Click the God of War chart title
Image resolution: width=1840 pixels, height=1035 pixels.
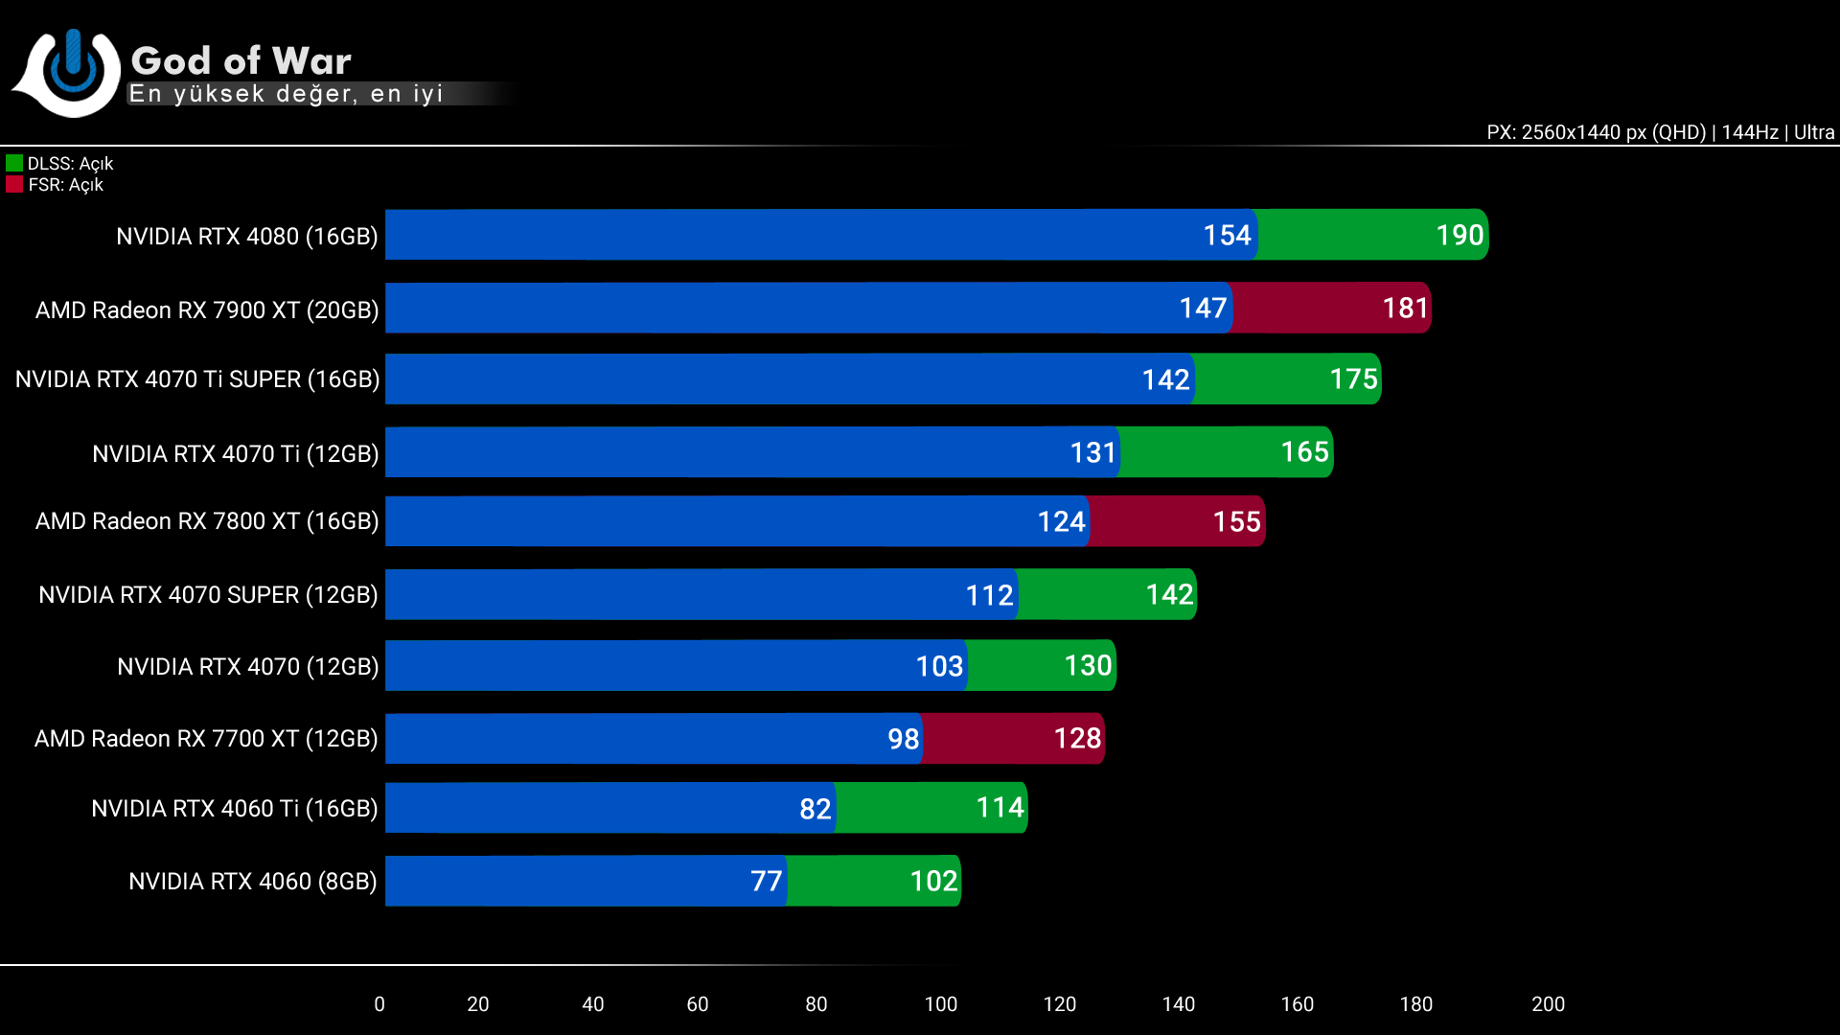[241, 60]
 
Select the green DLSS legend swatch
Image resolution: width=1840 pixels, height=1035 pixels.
[14, 163]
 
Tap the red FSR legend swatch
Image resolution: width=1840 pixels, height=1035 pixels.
[14, 184]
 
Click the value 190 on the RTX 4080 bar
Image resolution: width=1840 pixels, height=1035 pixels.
[1459, 235]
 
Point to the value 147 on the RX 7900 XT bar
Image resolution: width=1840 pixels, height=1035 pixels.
[1202, 308]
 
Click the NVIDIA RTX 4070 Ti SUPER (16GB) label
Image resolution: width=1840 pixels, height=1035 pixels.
[197, 379]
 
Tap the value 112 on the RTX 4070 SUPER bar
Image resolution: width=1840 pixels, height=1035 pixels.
[989, 595]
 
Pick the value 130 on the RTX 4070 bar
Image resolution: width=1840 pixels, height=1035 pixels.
[1088, 665]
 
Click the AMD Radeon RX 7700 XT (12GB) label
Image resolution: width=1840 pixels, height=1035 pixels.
[206, 739]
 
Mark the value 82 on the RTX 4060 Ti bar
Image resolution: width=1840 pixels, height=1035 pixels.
[815, 809]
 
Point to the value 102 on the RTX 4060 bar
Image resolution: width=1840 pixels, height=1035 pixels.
[932, 881]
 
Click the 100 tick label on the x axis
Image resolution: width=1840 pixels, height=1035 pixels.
[940, 1003]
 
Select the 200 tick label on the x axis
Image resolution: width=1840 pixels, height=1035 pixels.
[1548, 1003]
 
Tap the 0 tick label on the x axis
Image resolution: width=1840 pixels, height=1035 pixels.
[379, 1003]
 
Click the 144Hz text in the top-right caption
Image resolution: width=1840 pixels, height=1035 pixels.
[1749, 132]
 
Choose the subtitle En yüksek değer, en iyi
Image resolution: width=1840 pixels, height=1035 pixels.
[286, 94]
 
